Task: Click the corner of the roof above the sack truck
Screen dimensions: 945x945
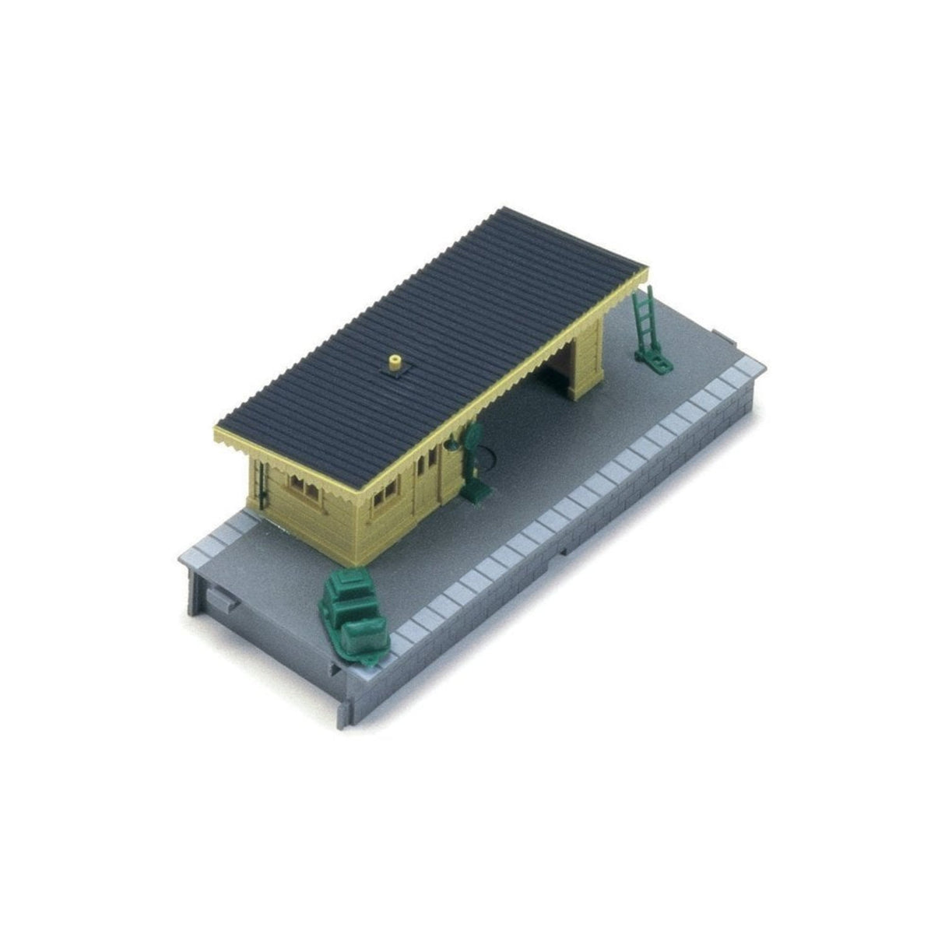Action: tap(645, 272)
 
